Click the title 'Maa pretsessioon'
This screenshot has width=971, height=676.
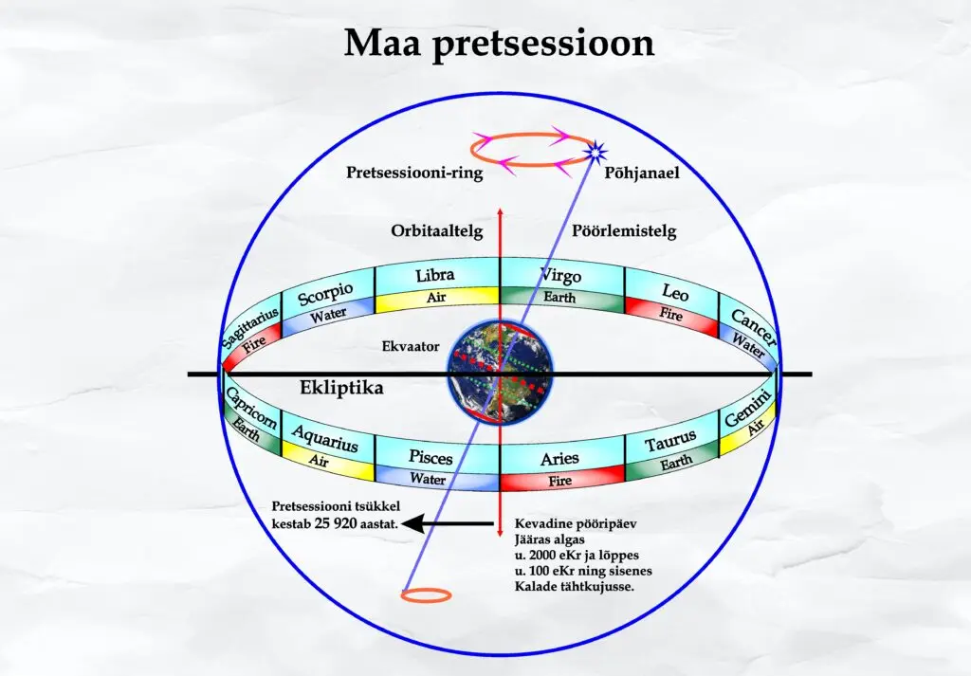[x=499, y=45]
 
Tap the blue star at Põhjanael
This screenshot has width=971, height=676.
[x=595, y=151]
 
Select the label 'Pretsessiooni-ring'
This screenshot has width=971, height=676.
[x=414, y=173]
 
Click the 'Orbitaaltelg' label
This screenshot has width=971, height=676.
[x=436, y=231]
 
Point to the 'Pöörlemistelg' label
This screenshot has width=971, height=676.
[x=624, y=231]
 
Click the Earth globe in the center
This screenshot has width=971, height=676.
[x=501, y=373]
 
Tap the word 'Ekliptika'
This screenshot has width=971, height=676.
[x=341, y=388]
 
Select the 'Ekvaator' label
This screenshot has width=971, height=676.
[x=411, y=346]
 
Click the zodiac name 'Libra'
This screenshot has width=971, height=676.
[x=434, y=275]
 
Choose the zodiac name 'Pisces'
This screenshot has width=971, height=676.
[x=431, y=458]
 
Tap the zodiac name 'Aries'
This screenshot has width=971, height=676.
[x=559, y=459]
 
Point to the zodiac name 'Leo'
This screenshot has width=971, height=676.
[x=675, y=292]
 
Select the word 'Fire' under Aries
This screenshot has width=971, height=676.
[x=559, y=481]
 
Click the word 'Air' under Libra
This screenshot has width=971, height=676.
[x=436, y=298]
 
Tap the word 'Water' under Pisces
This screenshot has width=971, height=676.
[x=428, y=479]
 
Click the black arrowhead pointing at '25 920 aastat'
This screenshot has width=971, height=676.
[x=413, y=523]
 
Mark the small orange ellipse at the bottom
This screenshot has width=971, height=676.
[x=426, y=595]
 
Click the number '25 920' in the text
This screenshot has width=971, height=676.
[x=336, y=523]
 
